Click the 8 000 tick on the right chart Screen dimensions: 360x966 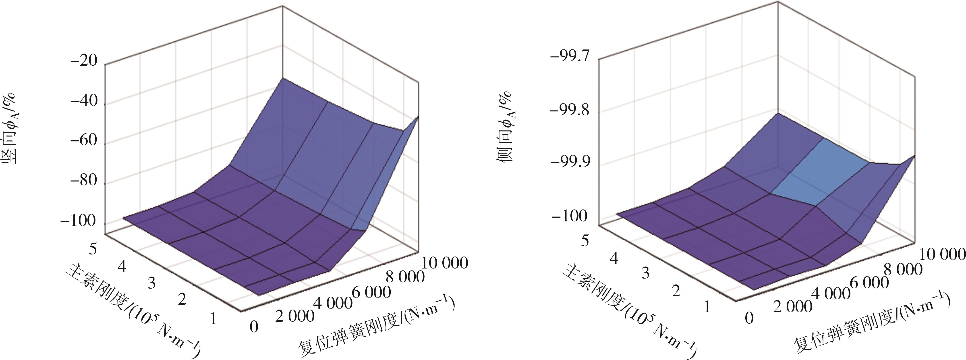click(903, 269)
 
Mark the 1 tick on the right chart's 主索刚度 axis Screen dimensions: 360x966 click(707, 307)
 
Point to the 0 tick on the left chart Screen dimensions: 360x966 click(254, 327)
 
